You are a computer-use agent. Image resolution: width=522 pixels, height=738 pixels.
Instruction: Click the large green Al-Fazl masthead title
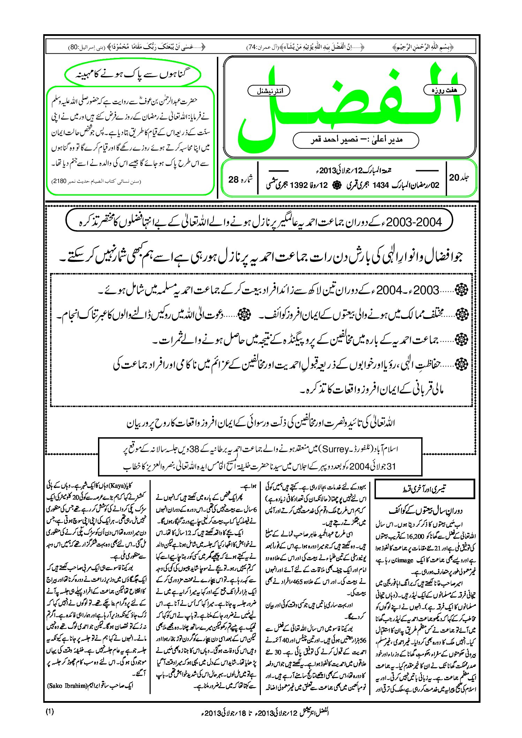349,105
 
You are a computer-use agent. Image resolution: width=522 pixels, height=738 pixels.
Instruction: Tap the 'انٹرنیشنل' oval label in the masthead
268,91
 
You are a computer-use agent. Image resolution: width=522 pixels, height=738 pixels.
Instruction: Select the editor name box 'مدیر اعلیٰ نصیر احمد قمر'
356,140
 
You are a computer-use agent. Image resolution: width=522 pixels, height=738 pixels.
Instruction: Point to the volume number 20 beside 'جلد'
454,177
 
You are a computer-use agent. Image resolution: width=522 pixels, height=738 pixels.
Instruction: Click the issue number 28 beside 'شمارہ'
233,180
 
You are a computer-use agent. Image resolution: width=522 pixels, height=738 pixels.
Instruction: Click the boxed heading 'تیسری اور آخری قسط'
424,489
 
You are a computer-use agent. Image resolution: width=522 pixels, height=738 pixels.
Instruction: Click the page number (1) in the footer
50,712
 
